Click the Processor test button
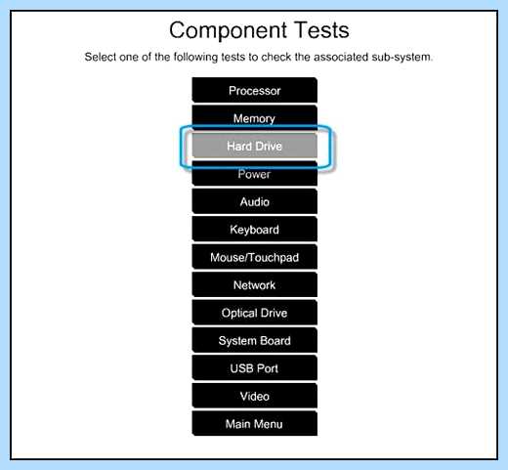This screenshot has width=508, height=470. [255, 90]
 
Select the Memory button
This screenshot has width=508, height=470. [255, 118]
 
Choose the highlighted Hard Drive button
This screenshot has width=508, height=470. [255, 146]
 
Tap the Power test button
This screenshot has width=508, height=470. [255, 174]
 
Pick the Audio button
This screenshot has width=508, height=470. [255, 201]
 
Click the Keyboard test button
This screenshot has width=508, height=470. [255, 230]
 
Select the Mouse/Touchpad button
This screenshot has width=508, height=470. [255, 257]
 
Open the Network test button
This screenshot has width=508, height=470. [255, 285]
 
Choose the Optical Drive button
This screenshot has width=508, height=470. [255, 313]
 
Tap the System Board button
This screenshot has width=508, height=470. [255, 340]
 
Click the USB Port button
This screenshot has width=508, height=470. [255, 368]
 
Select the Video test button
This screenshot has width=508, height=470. [255, 396]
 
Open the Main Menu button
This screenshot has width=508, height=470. [255, 424]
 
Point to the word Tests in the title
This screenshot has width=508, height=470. [321, 30]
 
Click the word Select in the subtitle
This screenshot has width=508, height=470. [101, 57]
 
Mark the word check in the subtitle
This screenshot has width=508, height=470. [276, 57]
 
